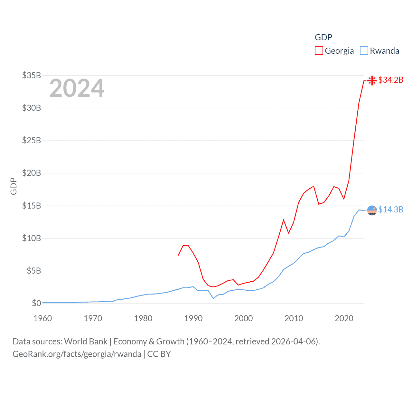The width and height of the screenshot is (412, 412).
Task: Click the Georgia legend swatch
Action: [x=319, y=51]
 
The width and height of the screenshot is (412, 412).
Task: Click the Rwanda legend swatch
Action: [x=364, y=51]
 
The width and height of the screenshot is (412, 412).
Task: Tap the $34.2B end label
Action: [x=391, y=80]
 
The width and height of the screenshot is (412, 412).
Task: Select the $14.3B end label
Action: [x=391, y=210]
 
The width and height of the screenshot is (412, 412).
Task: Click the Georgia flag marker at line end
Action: [x=372, y=80]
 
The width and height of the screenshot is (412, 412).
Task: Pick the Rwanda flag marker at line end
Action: [x=372, y=210]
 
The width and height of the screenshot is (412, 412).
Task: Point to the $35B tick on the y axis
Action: [x=32, y=75]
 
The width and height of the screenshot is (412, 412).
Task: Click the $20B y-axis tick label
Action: [x=32, y=173]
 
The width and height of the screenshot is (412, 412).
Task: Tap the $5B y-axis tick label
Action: [x=34, y=271]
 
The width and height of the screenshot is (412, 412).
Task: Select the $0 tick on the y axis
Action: [x=36, y=303]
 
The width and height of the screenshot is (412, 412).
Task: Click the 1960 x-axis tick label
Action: [x=43, y=318]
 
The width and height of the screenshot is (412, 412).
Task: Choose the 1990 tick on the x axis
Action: [x=193, y=318]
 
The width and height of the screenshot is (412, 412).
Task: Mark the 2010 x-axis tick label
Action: [x=294, y=318]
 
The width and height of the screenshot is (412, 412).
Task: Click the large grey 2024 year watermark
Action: [x=77, y=88]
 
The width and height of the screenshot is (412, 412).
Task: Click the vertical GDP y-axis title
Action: [x=14, y=186]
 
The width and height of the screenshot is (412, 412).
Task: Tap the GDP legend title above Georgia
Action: [x=323, y=37]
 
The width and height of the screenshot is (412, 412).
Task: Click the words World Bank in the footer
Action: [x=86, y=341]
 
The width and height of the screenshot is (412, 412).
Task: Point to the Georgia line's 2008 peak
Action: [x=284, y=220]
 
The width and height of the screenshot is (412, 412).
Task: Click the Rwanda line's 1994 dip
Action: [x=213, y=298]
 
